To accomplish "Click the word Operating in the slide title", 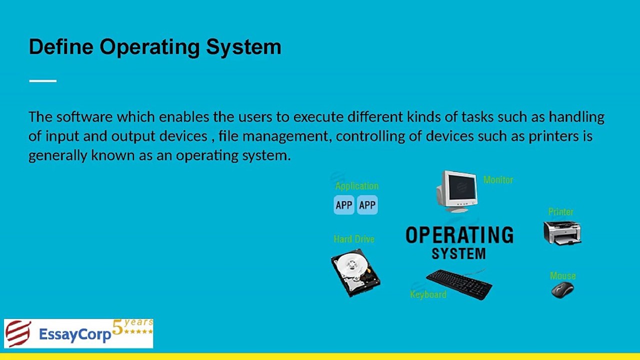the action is tap(149, 47).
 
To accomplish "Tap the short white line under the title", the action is tap(43, 81).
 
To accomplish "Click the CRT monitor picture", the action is tap(457, 191).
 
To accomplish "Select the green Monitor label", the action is tap(498, 180).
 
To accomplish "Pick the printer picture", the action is tap(562, 233).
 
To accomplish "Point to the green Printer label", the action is tap(560, 211).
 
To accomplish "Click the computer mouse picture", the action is tap(562, 290).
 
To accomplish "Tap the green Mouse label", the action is tap(563, 275).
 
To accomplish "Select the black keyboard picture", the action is tap(459, 284).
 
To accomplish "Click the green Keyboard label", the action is tap(428, 294).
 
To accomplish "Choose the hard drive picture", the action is tap(355, 272).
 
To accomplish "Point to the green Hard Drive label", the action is tap(354, 239).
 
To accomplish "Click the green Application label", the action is tap(357, 186).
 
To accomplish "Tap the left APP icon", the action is tap(344, 205).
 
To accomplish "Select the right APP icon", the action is tap(367, 205).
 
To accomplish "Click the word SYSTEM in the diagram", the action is tap(458, 253).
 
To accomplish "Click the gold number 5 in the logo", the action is tap(117, 327).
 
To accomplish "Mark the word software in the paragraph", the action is tap(84, 117).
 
